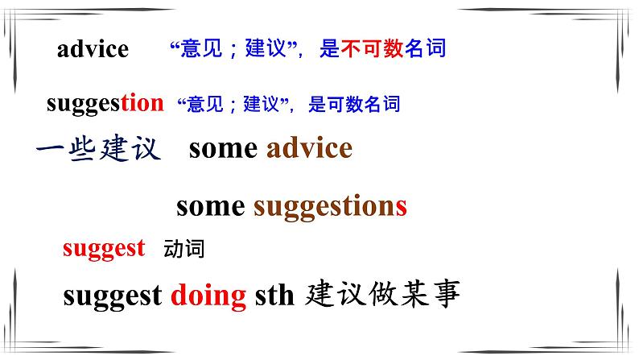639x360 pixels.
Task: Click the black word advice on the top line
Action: click(x=93, y=49)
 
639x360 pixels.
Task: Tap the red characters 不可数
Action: click(x=371, y=49)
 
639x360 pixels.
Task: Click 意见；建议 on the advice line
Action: click(x=233, y=49)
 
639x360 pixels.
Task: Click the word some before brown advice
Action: click(x=223, y=149)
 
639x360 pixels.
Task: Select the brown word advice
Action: click(x=309, y=149)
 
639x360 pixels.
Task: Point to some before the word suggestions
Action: click(x=210, y=206)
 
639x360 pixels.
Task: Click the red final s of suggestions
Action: click(x=401, y=207)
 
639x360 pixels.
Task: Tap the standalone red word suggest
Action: click(x=104, y=248)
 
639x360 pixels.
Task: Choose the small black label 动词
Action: click(x=183, y=249)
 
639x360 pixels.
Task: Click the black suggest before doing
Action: click(x=112, y=296)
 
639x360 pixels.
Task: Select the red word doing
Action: click(x=208, y=296)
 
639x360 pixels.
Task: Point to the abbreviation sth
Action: click(x=275, y=296)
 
